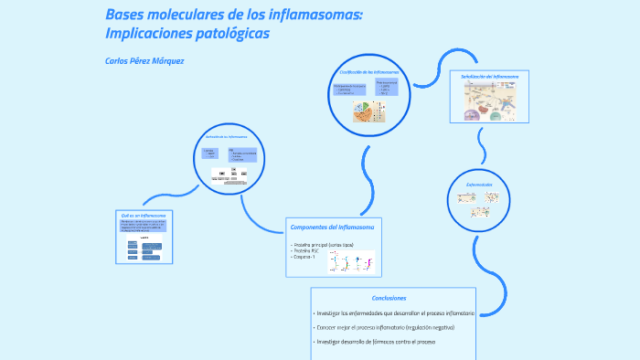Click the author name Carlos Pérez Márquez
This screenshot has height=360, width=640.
[145, 60]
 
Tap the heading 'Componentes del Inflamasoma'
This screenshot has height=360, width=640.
[332, 227]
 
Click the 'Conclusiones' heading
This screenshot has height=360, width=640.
[389, 298]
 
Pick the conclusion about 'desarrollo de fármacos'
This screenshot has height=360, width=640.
[376, 342]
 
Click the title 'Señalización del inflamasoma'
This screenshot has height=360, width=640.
[490, 77]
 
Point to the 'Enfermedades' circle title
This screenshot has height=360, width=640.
[479, 185]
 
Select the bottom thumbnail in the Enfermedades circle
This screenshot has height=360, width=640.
[479, 212]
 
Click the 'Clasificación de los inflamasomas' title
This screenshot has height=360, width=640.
[369, 71]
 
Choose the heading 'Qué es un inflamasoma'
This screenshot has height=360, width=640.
[136, 215]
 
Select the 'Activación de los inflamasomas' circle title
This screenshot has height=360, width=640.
[231, 137]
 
